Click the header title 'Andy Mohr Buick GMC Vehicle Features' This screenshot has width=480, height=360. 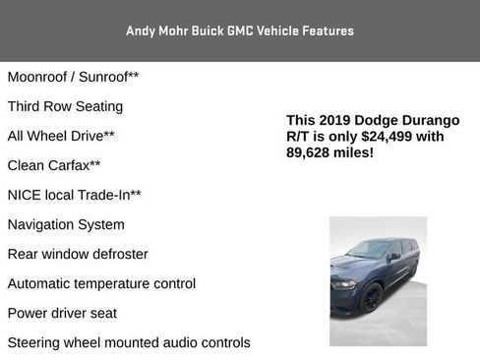point(240,30)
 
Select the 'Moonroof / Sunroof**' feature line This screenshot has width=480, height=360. point(73,76)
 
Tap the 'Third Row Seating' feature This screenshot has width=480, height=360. point(65,105)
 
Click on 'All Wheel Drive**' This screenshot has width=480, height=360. point(61,136)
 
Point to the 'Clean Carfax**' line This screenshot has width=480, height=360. point(54,165)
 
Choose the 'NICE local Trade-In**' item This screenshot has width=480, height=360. point(74,195)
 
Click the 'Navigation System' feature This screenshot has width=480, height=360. point(66,224)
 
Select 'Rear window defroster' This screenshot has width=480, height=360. point(78,254)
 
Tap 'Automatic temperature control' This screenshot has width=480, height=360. point(101,283)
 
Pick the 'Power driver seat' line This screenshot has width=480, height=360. point(62,313)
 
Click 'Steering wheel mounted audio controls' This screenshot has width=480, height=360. point(129,342)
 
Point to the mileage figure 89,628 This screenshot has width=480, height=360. point(310,153)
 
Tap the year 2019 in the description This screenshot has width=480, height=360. point(334,120)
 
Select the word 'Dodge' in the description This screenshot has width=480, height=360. point(379,120)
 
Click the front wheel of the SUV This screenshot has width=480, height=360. point(372,298)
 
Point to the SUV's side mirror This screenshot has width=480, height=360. point(394,257)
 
